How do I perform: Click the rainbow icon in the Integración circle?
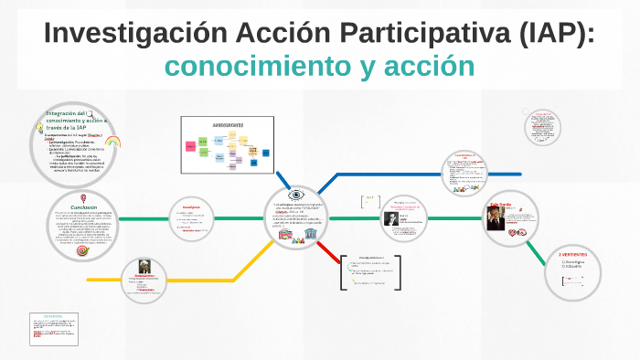(x=113, y=142)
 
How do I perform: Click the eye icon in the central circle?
(x=296, y=195)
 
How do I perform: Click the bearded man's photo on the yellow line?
(x=144, y=267)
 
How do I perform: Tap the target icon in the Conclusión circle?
(x=82, y=249)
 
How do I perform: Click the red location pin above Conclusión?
(x=84, y=197)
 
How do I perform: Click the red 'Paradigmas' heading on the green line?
(x=189, y=206)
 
